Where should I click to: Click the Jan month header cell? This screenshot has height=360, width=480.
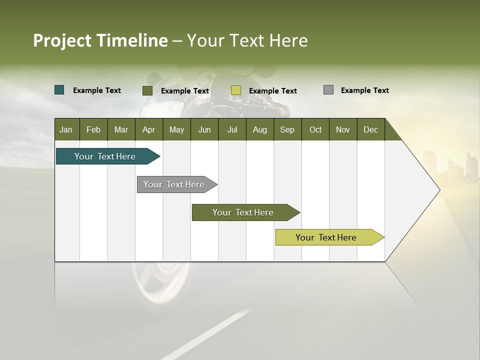(66, 129)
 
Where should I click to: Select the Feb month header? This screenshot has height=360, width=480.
(93, 129)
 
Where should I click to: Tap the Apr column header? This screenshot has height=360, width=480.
(148, 129)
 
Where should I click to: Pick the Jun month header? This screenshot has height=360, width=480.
(204, 129)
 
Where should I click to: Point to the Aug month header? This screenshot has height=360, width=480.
(259, 129)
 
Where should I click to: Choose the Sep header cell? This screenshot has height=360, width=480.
(287, 129)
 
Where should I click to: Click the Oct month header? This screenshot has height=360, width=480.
(315, 129)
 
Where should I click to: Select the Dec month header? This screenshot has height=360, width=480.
(370, 129)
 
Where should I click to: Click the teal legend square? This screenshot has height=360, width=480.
(59, 90)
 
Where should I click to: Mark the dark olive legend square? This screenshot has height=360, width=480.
(147, 90)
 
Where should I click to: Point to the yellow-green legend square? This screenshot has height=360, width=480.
(236, 90)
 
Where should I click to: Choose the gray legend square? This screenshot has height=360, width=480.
(328, 90)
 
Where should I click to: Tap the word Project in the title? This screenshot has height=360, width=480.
(62, 40)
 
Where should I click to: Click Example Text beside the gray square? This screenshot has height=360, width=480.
(364, 90)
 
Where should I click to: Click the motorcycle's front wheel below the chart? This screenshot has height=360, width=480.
(160, 285)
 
